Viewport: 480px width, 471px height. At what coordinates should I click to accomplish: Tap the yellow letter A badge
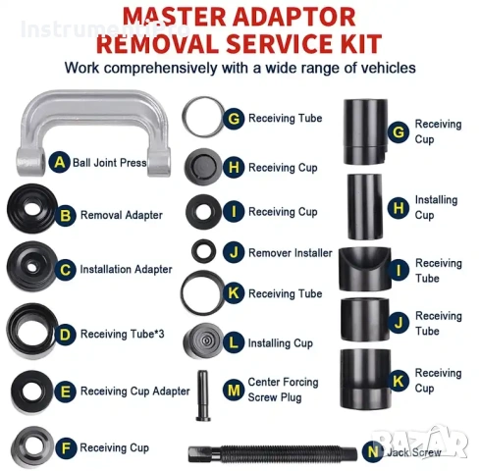click(59, 162)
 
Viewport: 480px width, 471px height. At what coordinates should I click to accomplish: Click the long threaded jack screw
click(273, 453)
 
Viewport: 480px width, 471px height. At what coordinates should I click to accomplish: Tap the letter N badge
click(373, 452)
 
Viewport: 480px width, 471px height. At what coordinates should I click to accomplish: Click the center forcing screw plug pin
click(203, 395)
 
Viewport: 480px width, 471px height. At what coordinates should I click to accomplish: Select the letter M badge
click(234, 390)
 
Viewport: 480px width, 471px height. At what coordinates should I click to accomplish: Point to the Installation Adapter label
click(126, 269)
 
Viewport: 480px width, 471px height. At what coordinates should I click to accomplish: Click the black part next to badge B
click(32, 208)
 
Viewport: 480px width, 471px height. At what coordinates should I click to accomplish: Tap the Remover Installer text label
click(291, 253)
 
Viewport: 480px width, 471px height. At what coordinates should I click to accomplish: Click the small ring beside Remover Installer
click(203, 251)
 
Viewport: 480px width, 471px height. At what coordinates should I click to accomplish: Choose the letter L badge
click(234, 342)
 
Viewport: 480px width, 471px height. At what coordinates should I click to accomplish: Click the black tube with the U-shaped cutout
click(364, 269)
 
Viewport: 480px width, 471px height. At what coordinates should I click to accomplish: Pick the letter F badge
click(66, 447)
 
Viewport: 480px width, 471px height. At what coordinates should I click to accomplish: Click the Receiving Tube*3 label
click(123, 334)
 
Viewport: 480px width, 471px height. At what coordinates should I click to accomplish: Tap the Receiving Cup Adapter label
click(135, 392)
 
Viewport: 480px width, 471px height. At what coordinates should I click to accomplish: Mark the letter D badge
click(65, 335)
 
